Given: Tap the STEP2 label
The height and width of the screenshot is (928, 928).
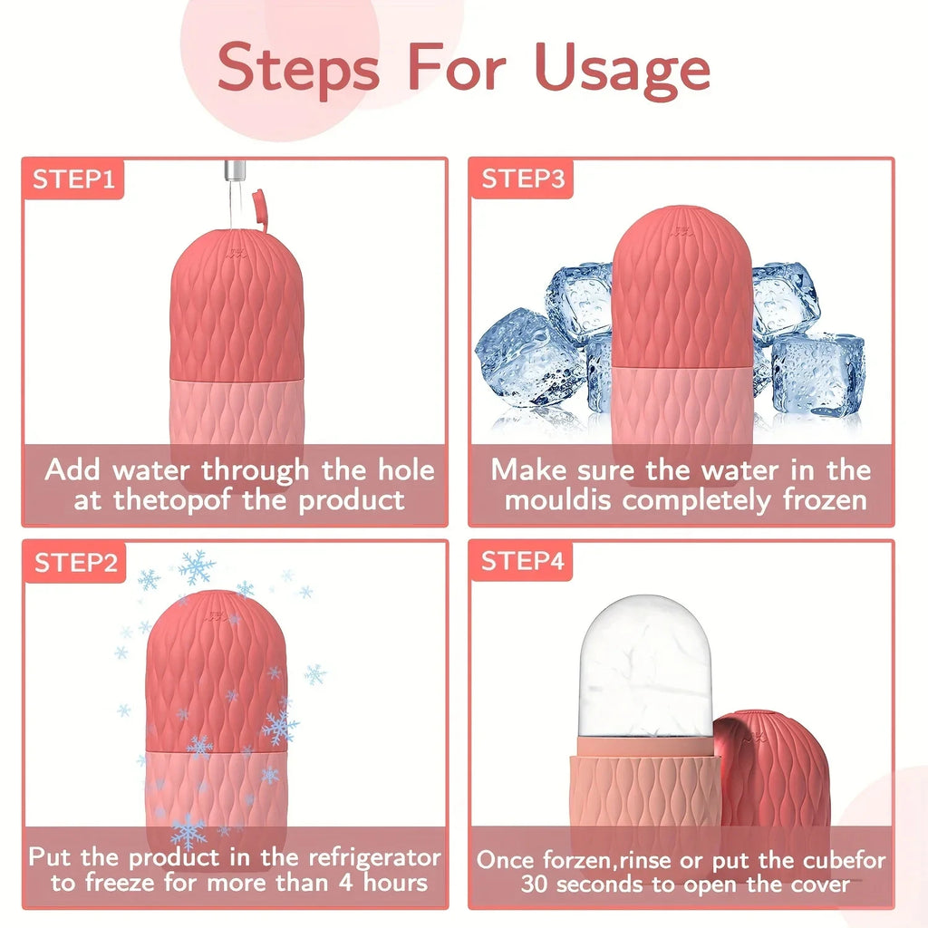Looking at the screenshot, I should (x=75, y=563).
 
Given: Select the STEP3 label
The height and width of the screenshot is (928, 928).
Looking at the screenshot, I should (x=522, y=179).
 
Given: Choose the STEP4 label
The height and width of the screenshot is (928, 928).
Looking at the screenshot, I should (x=522, y=562).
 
